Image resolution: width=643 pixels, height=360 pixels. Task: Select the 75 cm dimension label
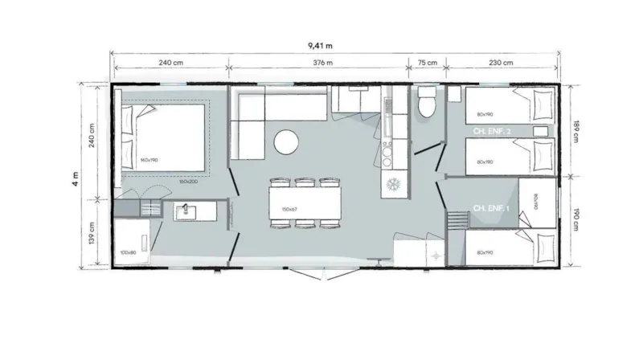[427, 63]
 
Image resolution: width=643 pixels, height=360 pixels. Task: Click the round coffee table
[287, 142]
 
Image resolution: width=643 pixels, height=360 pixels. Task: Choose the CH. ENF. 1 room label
[489, 208]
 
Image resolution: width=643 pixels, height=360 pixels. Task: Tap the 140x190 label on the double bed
[149, 160]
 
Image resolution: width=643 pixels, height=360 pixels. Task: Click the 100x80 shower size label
[127, 252]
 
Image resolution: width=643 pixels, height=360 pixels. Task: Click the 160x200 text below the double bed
[189, 180]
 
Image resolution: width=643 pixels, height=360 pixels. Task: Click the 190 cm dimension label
[576, 219]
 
